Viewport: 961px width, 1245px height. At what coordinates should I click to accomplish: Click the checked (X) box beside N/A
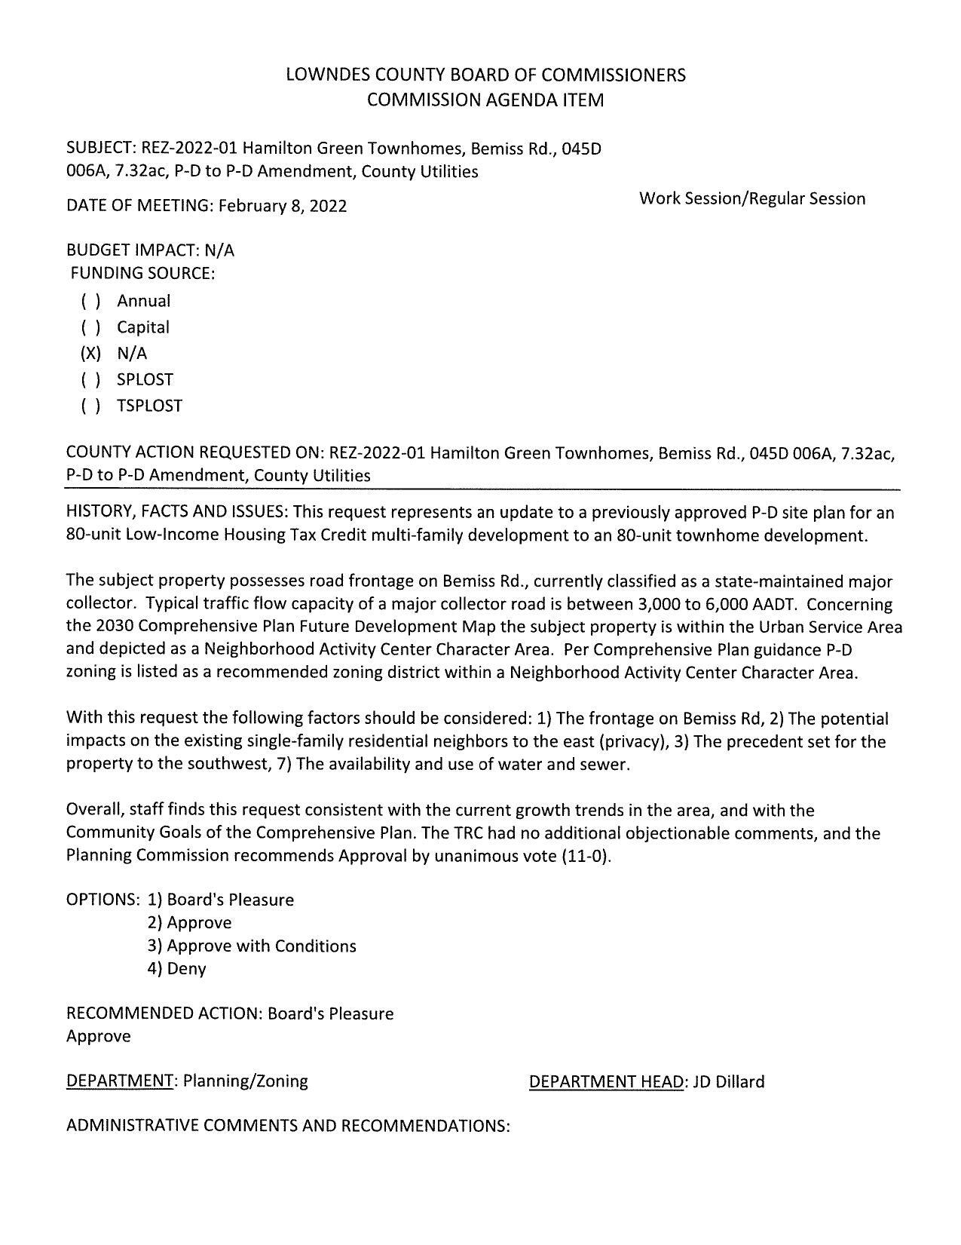click(x=90, y=354)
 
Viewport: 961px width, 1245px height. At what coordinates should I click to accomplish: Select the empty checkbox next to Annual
click(x=90, y=302)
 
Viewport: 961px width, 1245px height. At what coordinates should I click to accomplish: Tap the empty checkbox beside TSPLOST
click(x=90, y=406)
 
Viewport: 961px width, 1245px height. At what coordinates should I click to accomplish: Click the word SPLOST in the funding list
click(x=145, y=379)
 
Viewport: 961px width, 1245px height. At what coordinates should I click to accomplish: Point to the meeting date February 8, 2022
click(x=283, y=206)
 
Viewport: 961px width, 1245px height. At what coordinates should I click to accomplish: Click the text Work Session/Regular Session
click(x=751, y=199)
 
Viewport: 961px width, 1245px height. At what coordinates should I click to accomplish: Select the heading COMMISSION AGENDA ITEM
click(x=485, y=100)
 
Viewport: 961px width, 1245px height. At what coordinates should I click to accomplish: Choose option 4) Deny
click(x=177, y=969)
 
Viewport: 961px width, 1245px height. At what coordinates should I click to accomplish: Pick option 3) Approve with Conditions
click(x=252, y=946)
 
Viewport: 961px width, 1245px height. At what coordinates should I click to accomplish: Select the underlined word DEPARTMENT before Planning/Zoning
click(x=120, y=1081)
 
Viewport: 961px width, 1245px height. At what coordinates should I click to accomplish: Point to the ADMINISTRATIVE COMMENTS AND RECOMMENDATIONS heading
click(x=288, y=1126)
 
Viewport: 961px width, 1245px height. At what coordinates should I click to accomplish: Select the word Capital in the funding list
click(x=142, y=327)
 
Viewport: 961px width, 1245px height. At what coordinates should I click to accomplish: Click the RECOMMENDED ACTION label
click(x=164, y=1013)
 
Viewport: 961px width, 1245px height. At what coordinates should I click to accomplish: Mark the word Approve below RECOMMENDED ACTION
click(x=99, y=1036)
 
